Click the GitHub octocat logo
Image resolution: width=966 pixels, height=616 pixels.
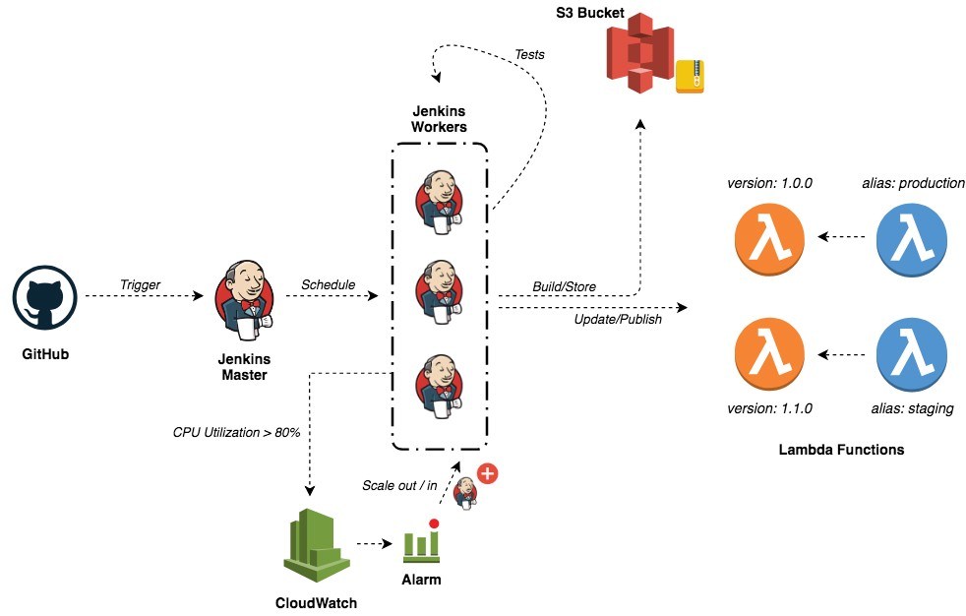[45, 297]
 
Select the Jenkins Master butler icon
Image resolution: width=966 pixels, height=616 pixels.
[245, 300]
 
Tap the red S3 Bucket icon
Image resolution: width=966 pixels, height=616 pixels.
[638, 53]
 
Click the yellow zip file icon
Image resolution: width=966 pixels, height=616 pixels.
[690, 77]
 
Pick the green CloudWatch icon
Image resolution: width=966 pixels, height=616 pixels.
[317, 546]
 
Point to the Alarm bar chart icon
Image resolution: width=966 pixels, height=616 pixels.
[422, 541]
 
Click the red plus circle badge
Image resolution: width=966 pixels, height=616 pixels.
[487, 473]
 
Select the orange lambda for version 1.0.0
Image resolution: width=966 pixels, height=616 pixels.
[769, 239]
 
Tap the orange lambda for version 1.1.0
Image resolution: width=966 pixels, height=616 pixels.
[769, 353]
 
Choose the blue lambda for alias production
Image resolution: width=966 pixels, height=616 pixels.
[911, 239]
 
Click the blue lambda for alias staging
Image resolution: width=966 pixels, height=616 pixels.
[911, 353]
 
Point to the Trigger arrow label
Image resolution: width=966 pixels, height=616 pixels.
[140, 284]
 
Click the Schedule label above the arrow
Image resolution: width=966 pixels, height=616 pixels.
[328, 284]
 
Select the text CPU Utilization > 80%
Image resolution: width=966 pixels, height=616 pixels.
[236, 432]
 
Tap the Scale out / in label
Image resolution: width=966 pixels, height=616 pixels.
[399, 485]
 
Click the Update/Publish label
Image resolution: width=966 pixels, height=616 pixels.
[618, 319]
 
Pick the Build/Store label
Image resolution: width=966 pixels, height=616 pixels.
[565, 286]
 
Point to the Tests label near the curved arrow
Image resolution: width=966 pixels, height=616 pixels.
[530, 54]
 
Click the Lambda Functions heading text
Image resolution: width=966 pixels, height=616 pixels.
[841, 450]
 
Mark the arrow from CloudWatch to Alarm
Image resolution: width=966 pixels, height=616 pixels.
[375, 543]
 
